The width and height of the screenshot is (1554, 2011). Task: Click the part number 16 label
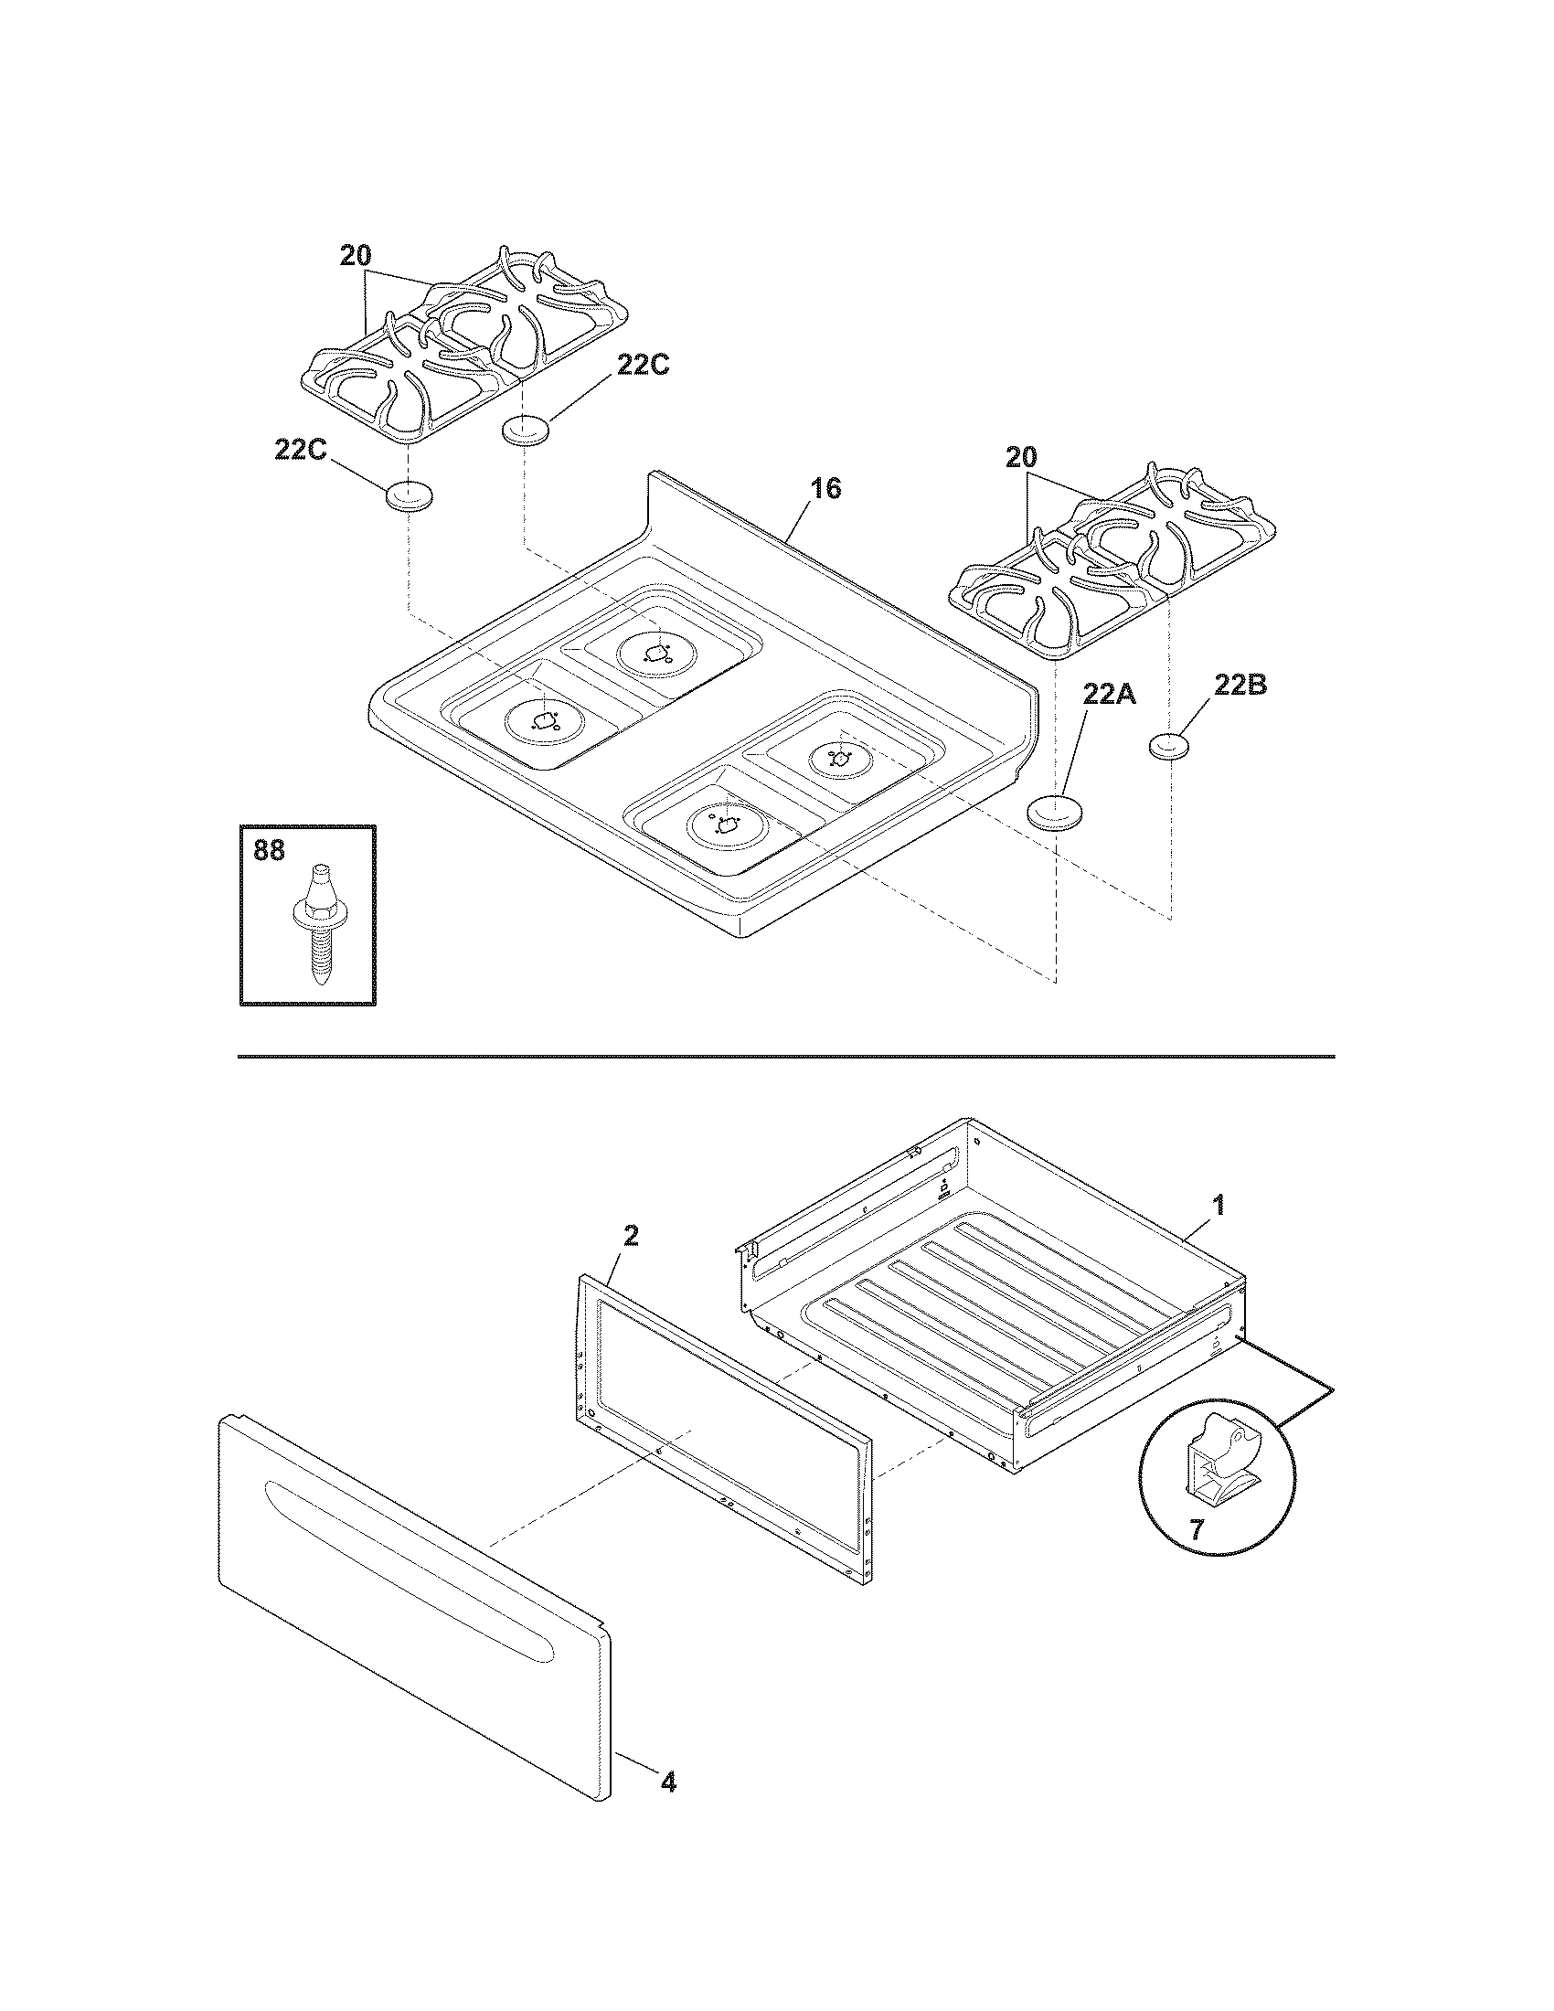[825, 489]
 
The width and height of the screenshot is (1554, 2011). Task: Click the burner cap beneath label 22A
[1053, 814]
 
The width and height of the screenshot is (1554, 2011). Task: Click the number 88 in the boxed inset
[269, 850]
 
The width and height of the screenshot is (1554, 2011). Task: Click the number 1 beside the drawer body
[1217, 1206]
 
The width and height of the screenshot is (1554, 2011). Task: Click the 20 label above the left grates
[356, 256]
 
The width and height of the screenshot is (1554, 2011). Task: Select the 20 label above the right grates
[1021, 457]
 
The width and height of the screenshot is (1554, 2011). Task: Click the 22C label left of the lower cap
[301, 450]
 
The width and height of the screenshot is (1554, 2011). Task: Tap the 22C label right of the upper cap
[643, 366]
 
